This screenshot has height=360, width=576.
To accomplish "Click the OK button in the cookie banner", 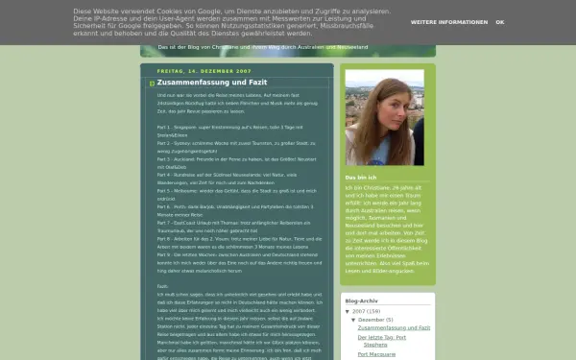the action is (x=499, y=21).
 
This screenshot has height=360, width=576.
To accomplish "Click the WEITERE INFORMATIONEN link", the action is (x=448, y=21).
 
